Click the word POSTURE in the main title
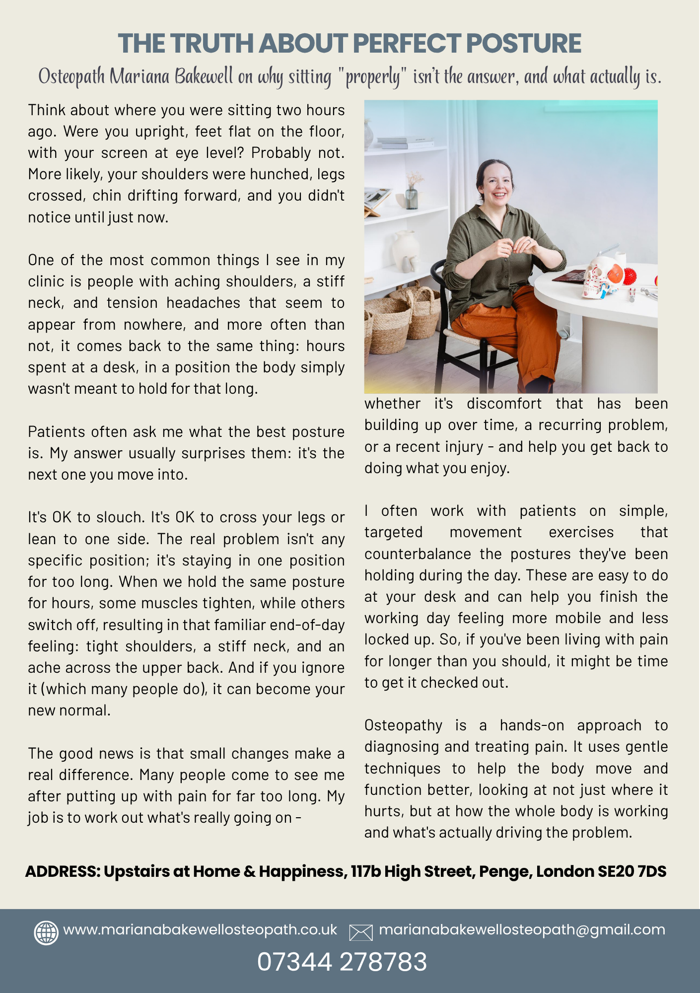coord(524,44)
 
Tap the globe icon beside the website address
coord(46,932)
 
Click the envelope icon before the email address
coord(361,932)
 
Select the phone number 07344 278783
coord(342,962)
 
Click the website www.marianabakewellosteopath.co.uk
coord(200,930)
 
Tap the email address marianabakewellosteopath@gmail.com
coord(522,930)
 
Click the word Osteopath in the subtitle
coord(71,77)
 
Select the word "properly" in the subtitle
coord(372,77)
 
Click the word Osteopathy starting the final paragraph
coord(403,725)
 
